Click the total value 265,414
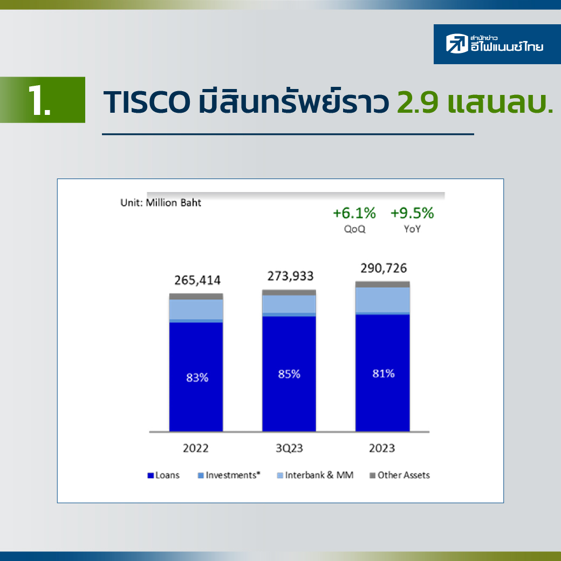197,280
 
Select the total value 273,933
291,276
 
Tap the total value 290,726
384,268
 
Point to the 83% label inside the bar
197,378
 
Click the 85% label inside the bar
289,374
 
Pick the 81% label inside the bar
384,373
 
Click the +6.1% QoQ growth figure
354,213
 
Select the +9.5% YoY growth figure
412,213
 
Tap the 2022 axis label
196,448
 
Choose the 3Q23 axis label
289,448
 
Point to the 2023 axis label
382,448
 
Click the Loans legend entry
163,475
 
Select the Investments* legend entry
229,475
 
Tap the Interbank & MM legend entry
316,475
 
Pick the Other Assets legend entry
400,475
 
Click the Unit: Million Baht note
161,202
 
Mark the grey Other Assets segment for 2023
382,284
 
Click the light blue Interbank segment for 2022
196,310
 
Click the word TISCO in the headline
147,102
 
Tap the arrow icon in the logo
457,43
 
